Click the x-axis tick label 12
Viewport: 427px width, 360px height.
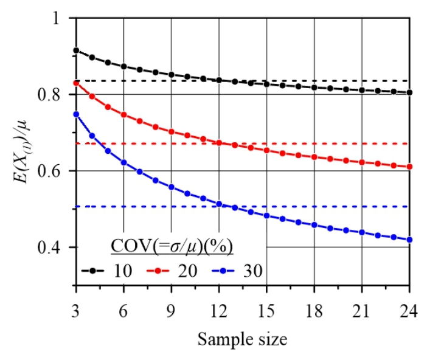tap(219, 311)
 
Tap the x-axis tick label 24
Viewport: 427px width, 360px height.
tap(409, 311)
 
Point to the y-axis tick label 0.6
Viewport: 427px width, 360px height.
tap(49, 171)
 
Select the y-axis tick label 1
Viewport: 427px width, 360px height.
tap(56, 18)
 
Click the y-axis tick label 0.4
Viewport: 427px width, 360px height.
tap(49, 247)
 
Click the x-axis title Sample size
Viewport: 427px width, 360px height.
tap(242, 339)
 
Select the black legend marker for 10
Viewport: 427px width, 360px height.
tap(92, 271)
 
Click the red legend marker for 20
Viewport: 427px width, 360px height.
tap(158, 271)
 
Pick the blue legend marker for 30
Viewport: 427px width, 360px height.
tap(223, 271)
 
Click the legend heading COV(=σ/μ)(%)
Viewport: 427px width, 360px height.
tap(172, 246)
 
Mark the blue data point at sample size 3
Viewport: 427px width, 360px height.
tap(76, 114)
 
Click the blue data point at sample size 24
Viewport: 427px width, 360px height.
tap(409, 240)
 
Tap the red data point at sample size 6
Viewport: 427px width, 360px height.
tap(124, 115)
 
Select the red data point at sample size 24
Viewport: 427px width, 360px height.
tap(409, 167)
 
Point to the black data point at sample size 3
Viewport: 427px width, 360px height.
tap(76, 50)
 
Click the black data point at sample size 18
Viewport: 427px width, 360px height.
tap(314, 88)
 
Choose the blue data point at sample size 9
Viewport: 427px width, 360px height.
tap(172, 187)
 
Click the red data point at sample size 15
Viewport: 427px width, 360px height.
tap(266, 150)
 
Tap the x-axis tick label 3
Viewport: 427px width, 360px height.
tap(75, 311)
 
